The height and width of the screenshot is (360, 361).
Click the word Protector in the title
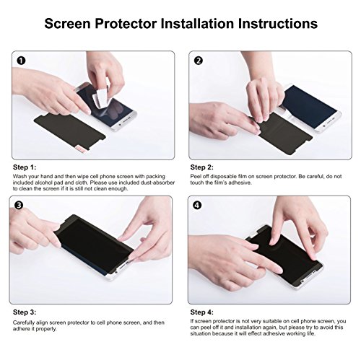(126, 24)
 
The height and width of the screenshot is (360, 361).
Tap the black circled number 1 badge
(21, 61)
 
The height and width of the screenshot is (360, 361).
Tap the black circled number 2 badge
(199, 61)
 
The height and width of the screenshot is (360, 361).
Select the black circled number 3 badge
(19, 205)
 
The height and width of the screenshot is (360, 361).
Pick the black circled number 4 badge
(197, 205)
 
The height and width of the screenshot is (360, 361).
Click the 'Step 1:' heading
(25, 167)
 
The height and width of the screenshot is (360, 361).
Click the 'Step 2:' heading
(201, 167)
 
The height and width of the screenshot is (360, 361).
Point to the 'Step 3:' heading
(25, 312)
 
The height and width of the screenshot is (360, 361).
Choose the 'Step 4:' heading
(201, 312)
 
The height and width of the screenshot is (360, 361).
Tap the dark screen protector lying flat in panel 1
(70, 131)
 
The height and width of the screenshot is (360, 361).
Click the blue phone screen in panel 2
(310, 106)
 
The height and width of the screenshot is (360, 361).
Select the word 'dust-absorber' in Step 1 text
(157, 183)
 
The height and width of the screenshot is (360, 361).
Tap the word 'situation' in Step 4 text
(201, 333)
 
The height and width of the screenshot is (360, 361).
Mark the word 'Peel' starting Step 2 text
(196, 177)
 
